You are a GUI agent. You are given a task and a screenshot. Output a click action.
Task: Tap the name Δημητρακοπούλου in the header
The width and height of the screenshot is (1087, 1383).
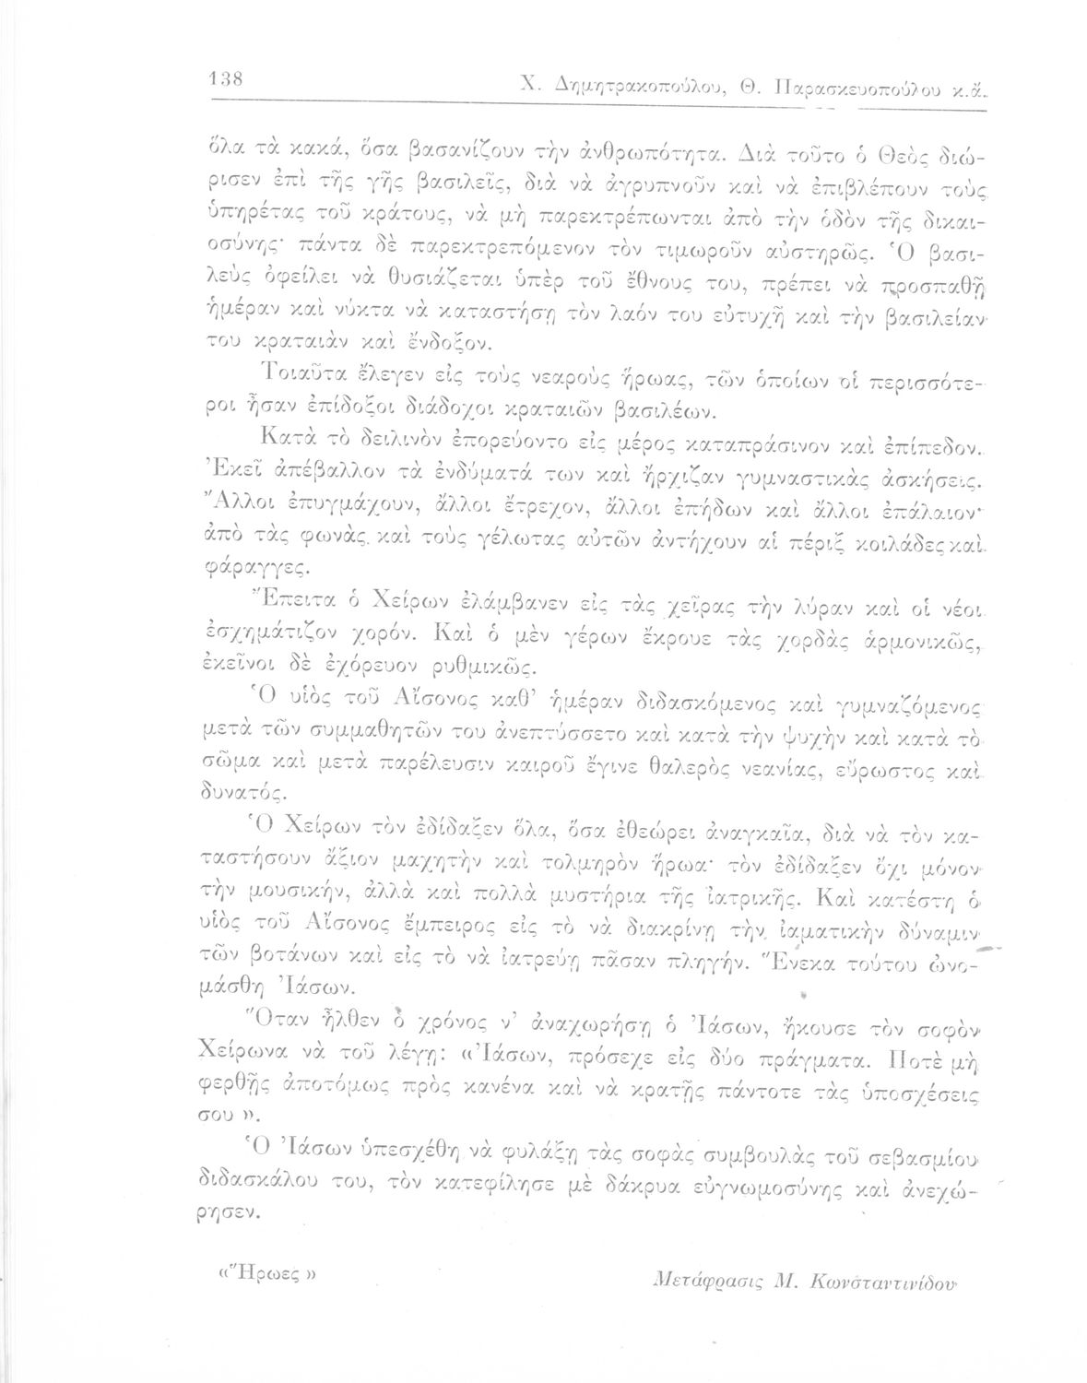tap(635, 87)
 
